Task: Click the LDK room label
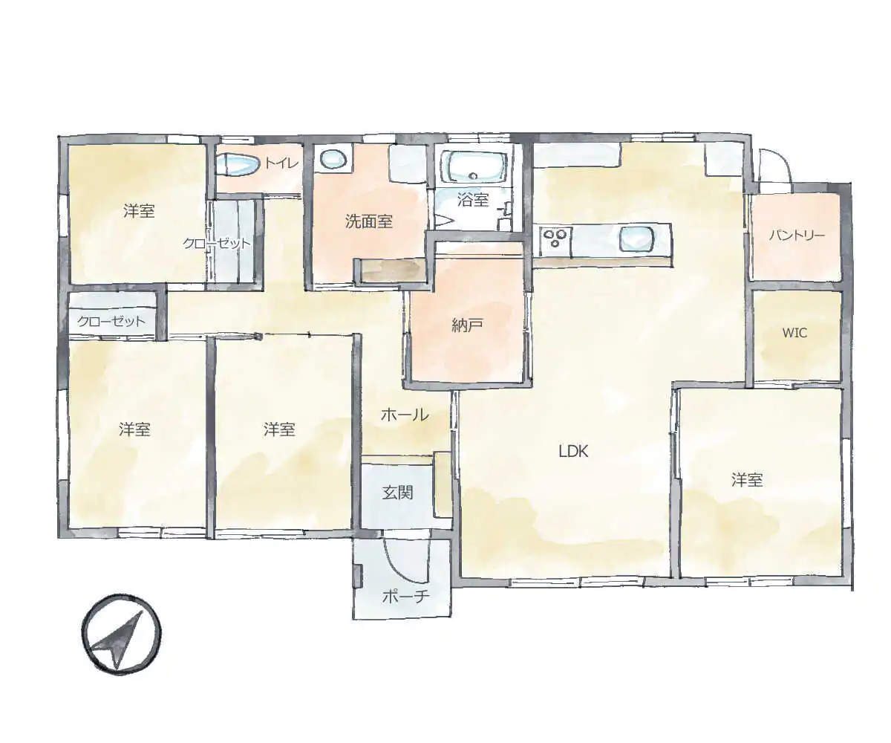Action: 573,451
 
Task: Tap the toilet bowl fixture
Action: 238,165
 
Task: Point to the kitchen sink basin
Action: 636,239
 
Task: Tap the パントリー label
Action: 797,236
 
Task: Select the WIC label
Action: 795,333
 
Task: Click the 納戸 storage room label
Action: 467,325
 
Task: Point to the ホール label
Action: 405,414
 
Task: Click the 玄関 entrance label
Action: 397,493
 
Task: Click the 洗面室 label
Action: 369,221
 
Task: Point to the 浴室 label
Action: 473,199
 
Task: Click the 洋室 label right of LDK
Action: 747,480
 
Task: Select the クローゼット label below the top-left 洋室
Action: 111,321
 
